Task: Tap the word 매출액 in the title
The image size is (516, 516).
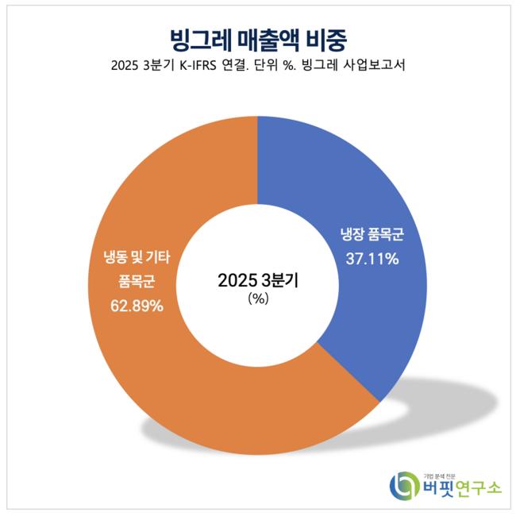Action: [269, 38]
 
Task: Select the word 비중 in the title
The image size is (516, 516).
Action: [326, 38]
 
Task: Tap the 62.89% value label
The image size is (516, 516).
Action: [137, 305]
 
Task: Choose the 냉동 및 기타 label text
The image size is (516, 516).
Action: [137, 256]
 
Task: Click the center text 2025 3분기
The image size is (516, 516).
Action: [258, 280]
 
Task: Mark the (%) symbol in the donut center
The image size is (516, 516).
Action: [258, 299]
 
